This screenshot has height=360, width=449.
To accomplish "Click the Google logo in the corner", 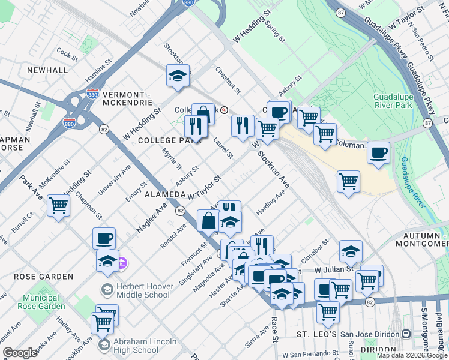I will pyautogui.click(x=20, y=353).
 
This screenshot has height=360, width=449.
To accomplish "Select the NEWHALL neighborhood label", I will pyautogui.click(x=47, y=70).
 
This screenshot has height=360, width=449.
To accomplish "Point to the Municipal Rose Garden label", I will pyautogui.click(x=44, y=302).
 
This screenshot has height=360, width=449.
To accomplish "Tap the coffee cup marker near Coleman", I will pyautogui.click(x=378, y=153).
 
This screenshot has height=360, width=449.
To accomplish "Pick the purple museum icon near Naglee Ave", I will pyautogui.click(x=122, y=263).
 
